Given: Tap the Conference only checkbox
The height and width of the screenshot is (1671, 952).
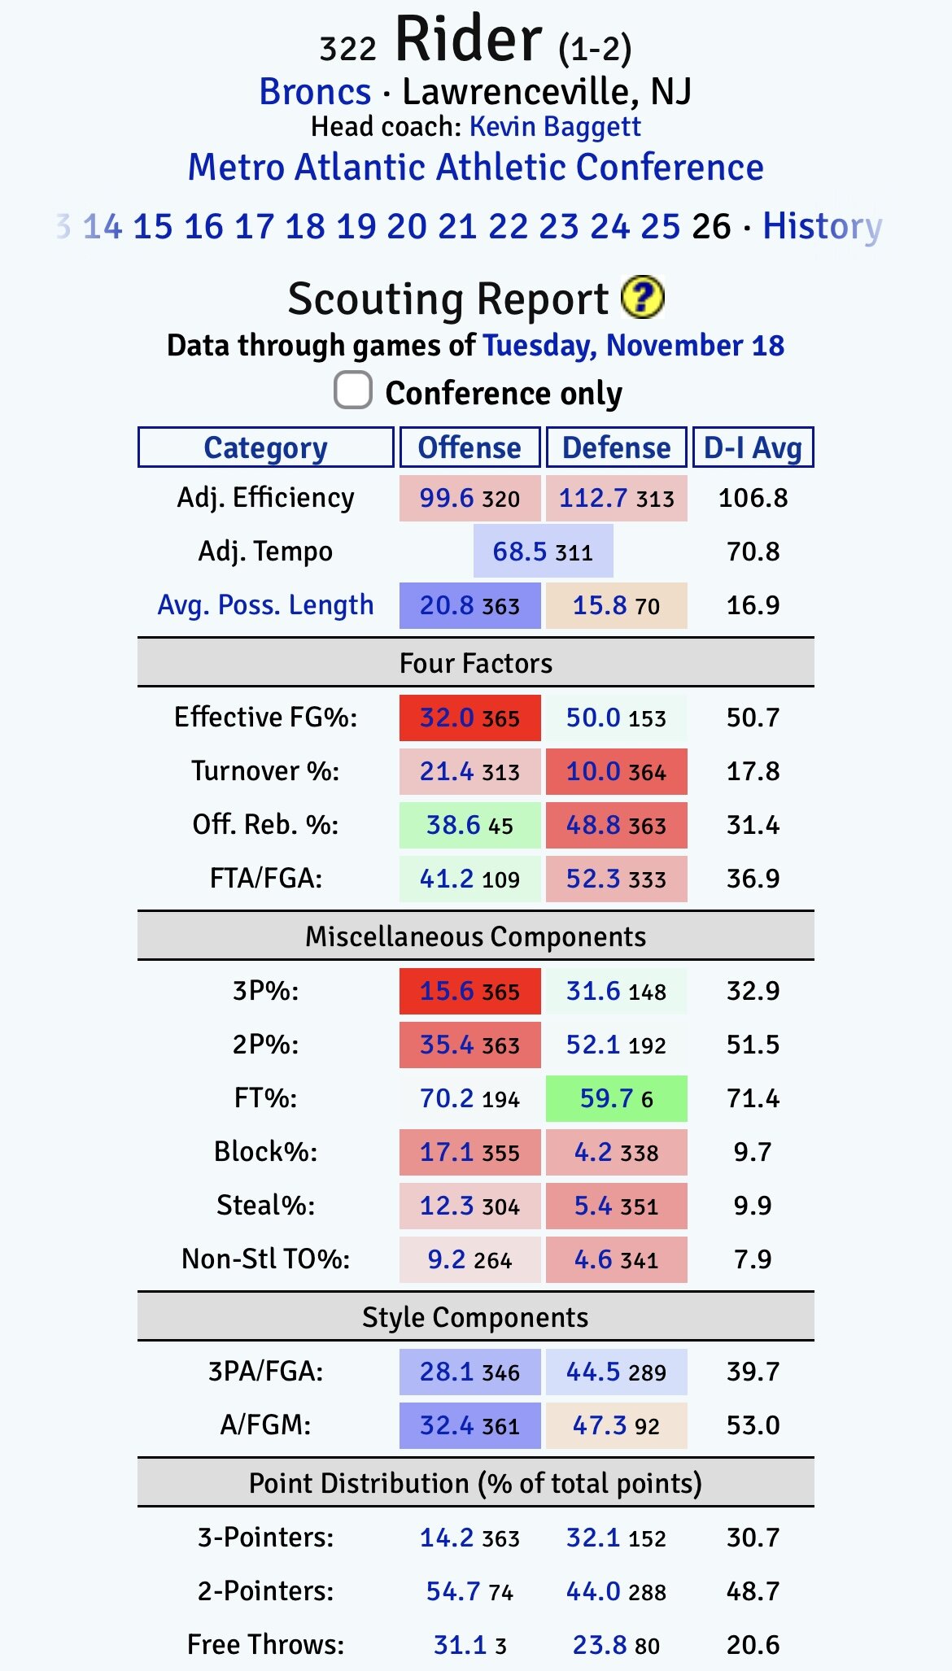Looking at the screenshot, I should [x=353, y=390].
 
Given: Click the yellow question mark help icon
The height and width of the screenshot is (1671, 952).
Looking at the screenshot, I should [x=642, y=298].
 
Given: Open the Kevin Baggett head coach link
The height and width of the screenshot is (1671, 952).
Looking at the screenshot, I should [x=555, y=127].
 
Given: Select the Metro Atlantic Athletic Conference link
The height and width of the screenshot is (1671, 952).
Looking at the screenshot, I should [x=475, y=168].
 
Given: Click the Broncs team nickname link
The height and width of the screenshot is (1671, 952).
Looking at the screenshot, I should [x=315, y=92].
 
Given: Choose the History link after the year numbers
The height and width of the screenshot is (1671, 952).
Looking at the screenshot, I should [x=822, y=226].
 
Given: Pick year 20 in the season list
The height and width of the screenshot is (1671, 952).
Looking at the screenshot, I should [x=406, y=226].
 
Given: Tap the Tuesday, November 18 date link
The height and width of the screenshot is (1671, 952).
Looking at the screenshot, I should [x=634, y=346].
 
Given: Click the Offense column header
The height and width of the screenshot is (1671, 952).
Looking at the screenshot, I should [x=469, y=447].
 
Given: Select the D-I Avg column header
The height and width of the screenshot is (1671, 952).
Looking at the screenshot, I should [x=753, y=447].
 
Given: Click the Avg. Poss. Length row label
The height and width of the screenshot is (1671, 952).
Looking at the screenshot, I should [x=265, y=605].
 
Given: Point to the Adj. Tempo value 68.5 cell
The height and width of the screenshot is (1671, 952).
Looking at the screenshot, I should [x=543, y=552].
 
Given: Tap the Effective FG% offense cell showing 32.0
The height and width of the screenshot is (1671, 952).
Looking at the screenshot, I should [x=469, y=718].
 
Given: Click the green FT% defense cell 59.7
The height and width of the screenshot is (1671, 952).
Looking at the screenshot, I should [x=616, y=1098].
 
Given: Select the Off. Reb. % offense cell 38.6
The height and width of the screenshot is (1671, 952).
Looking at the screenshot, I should [x=469, y=825].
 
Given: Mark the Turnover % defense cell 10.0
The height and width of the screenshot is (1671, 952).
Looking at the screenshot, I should [x=616, y=771].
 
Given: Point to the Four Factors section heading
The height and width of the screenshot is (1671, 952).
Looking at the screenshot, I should [x=475, y=663].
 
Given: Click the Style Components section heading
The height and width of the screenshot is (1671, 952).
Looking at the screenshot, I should [x=475, y=1317].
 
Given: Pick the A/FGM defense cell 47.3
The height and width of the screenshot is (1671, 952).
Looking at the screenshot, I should [x=616, y=1425].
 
